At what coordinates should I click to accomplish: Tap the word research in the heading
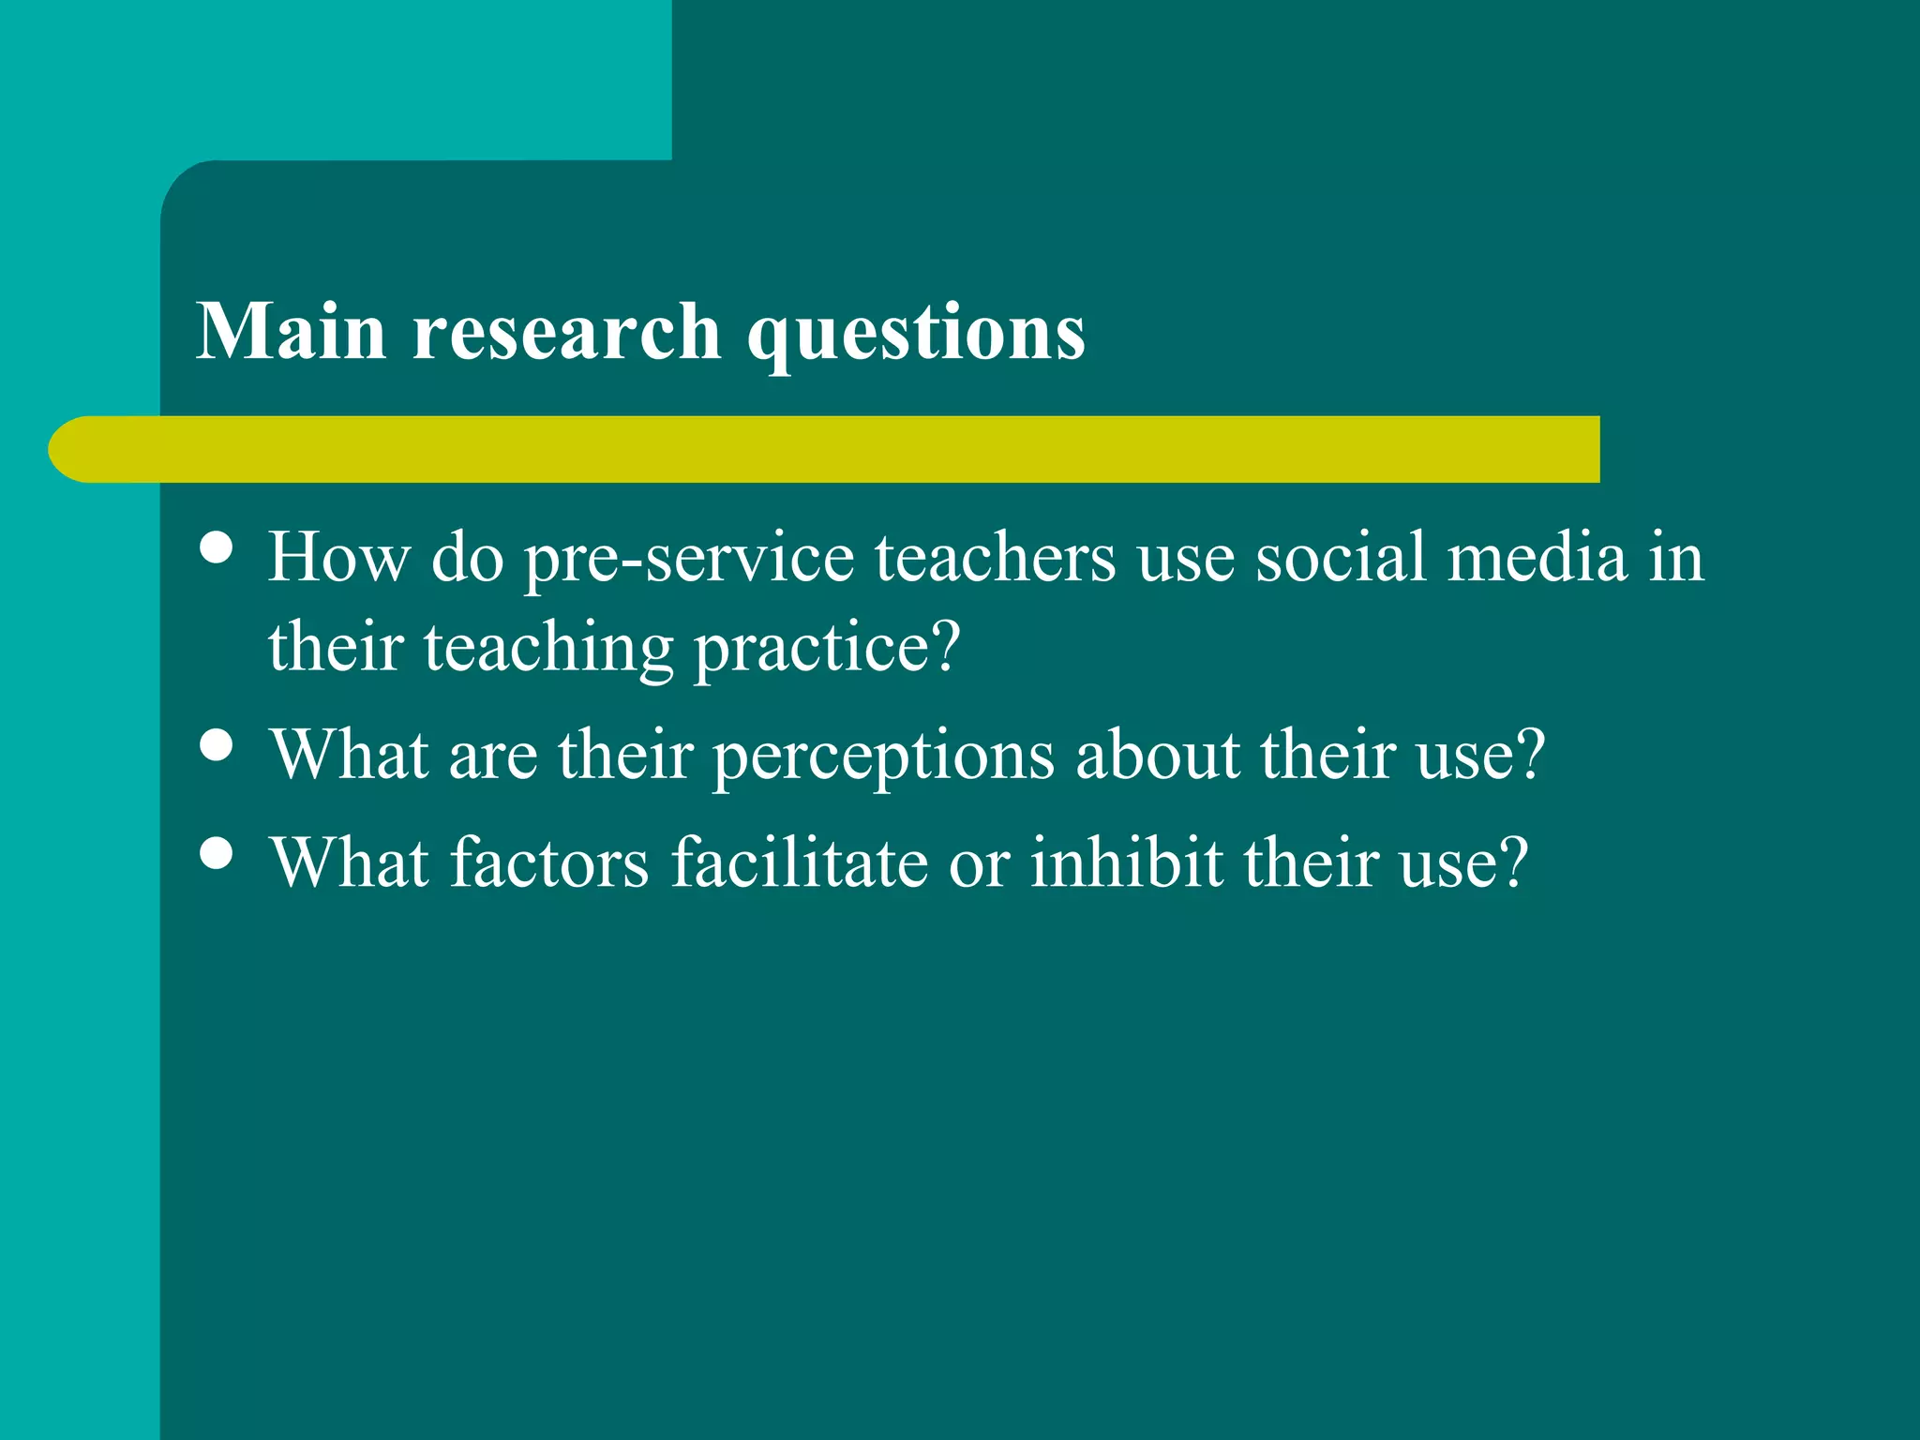point(566,333)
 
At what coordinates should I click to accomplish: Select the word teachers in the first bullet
point(996,558)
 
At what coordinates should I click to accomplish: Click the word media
point(1537,558)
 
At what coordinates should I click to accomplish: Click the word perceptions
point(883,757)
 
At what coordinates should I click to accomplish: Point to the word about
point(1158,755)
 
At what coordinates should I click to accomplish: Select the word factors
point(549,862)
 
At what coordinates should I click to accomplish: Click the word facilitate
point(799,862)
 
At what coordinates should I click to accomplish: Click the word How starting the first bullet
point(338,558)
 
